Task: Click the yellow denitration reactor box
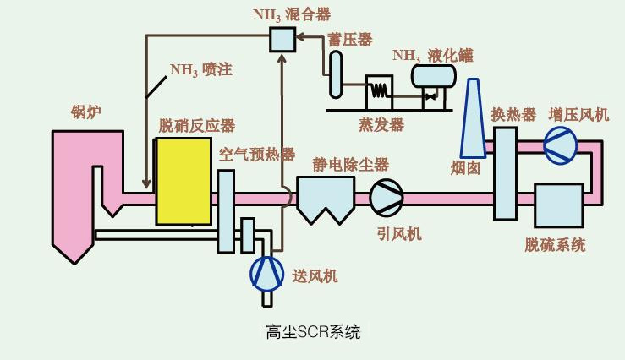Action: pyautogui.click(x=183, y=181)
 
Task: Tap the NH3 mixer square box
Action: pyautogui.click(x=282, y=39)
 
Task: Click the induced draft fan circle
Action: pyautogui.click(x=387, y=197)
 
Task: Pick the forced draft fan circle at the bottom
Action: pyautogui.click(x=267, y=273)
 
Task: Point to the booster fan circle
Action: pyautogui.click(x=560, y=146)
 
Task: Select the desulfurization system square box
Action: pyautogui.click(x=557, y=206)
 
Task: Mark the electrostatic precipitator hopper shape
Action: pyautogui.click(x=324, y=200)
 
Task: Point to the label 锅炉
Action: pyautogui.click(x=86, y=111)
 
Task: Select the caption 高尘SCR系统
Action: pyautogui.click(x=313, y=331)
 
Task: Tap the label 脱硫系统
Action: pyautogui.click(x=555, y=245)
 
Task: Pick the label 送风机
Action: pyautogui.click(x=315, y=275)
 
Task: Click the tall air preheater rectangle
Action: pyautogui.click(x=226, y=210)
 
